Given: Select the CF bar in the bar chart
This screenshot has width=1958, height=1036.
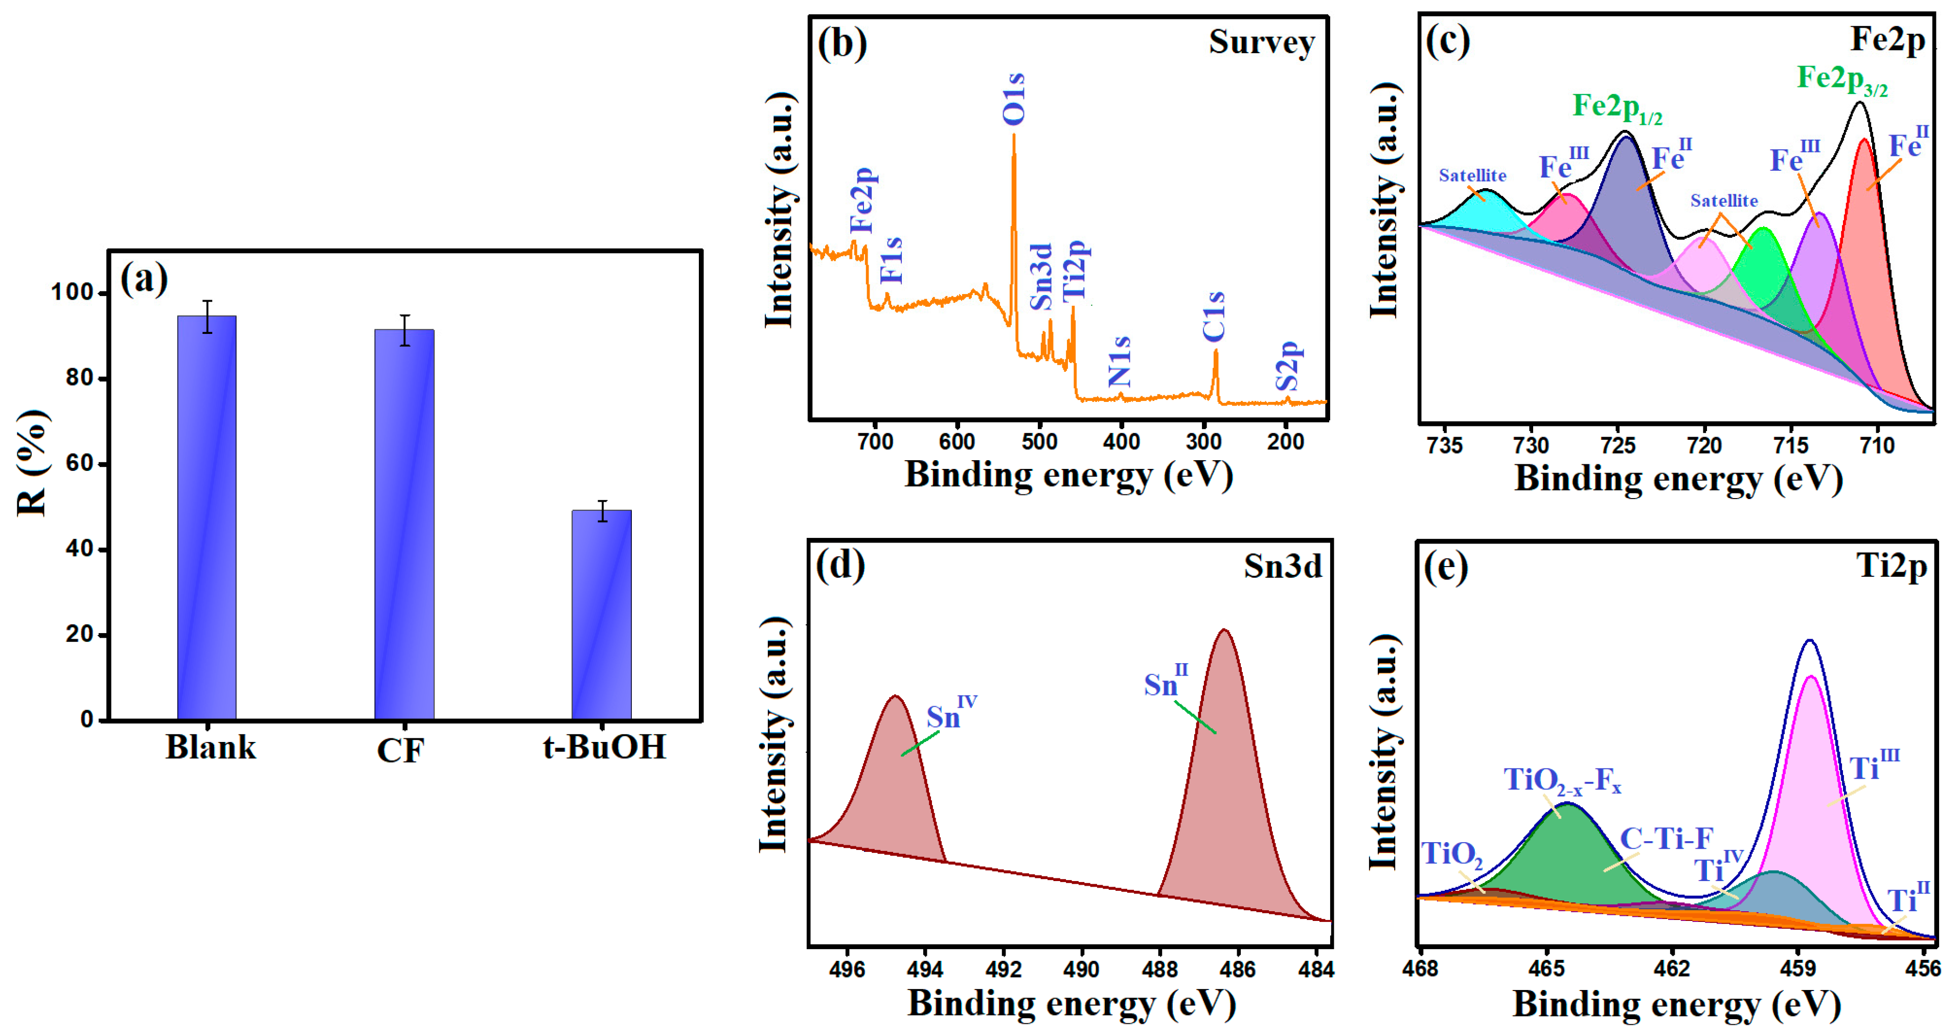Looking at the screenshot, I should [x=404, y=525].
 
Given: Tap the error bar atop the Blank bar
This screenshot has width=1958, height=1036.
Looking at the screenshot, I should [x=207, y=316].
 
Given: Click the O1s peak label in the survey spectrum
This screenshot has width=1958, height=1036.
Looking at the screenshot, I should [x=1014, y=99].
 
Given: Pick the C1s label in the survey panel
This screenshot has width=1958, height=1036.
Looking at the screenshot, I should [x=1214, y=316].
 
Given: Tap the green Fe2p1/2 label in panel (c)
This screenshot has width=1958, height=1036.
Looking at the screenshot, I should [x=1617, y=107].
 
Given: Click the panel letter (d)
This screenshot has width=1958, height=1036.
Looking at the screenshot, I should [x=840, y=566].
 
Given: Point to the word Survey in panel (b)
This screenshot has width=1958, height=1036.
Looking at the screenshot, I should [x=1262, y=42].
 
